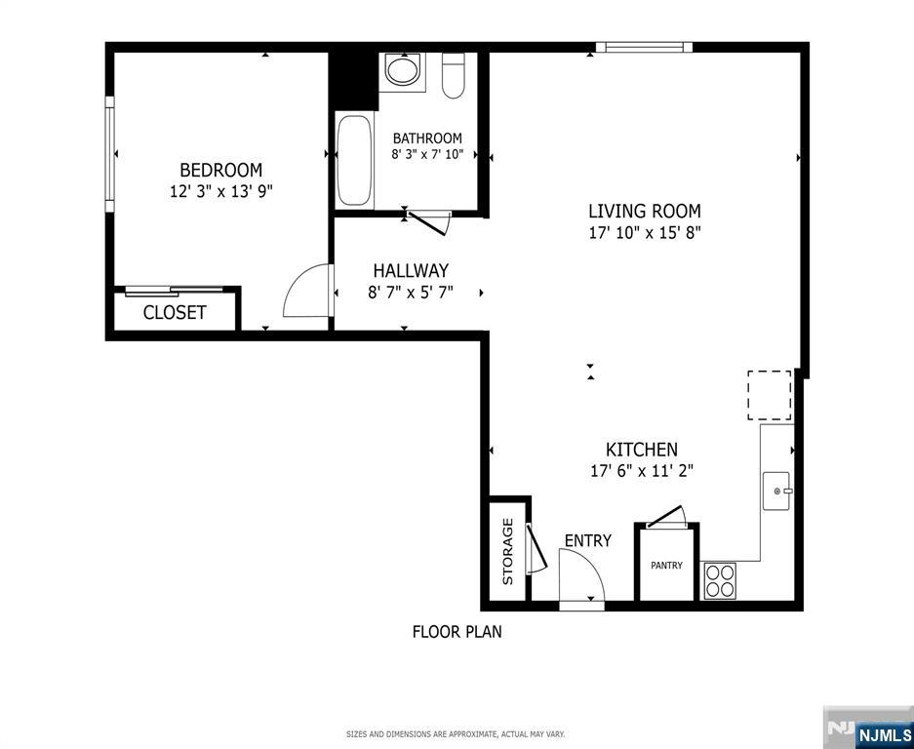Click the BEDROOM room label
pyautogui.click(x=220, y=170)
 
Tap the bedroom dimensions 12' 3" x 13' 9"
pyautogui.click(x=220, y=192)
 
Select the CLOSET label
pyautogui.click(x=175, y=313)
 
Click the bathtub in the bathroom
pyautogui.click(x=354, y=161)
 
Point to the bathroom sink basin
pyautogui.click(x=401, y=70)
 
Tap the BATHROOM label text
pyautogui.click(x=427, y=138)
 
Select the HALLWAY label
pyautogui.click(x=411, y=270)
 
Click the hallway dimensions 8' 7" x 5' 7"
pyautogui.click(x=411, y=293)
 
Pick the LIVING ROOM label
pyautogui.click(x=644, y=211)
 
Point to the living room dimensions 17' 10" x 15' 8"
pyautogui.click(x=644, y=233)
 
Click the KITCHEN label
pyautogui.click(x=642, y=450)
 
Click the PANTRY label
pyautogui.click(x=667, y=566)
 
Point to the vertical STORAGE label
pyautogui.click(x=507, y=551)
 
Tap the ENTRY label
pyautogui.click(x=588, y=540)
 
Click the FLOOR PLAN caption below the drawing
pyautogui.click(x=457, y=632)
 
